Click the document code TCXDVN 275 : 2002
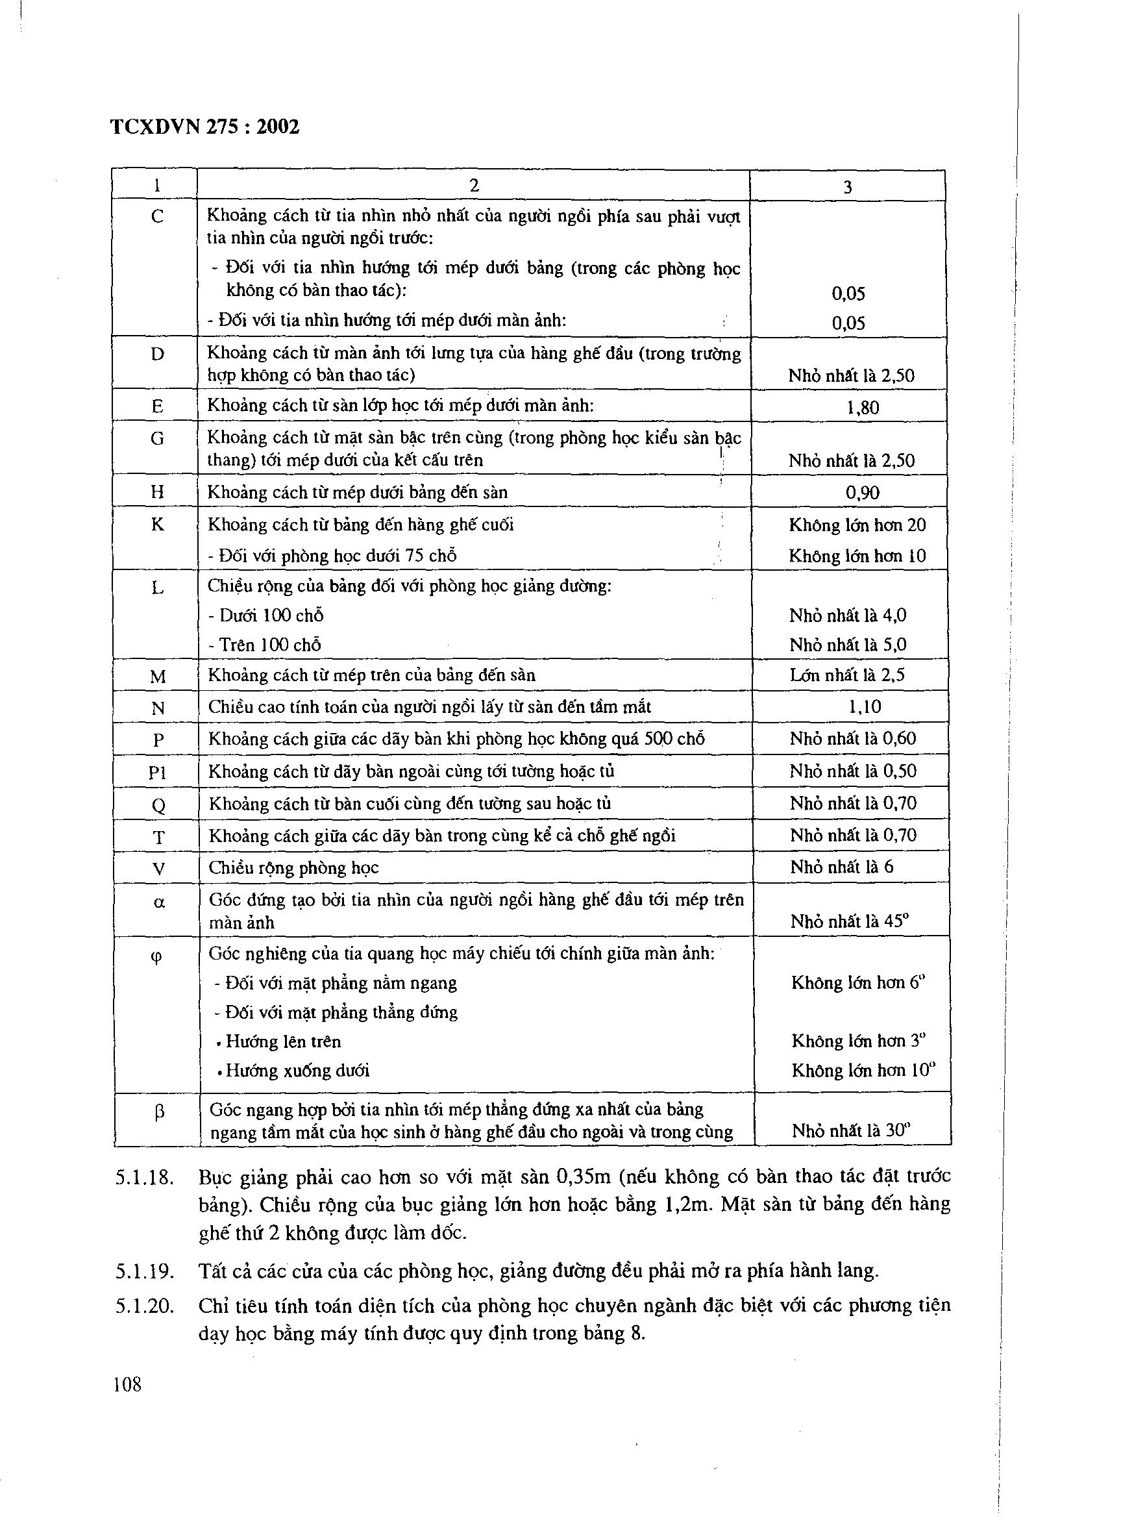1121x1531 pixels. pos(204,127)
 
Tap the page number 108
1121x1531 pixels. pos(128,1384)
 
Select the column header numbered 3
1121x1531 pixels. pos(847,187)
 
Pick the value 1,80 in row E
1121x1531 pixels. pos(863,407)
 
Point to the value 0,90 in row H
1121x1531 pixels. pos(863,493)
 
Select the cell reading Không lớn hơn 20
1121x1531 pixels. pos(857,525)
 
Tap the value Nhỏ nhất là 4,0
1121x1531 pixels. pos(848,616)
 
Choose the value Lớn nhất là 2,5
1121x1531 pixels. pos(847,675)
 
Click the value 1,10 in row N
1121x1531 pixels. pos(865,707)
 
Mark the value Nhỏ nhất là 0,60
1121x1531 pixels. pos(852,738)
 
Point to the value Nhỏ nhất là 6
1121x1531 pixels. pos(841,867)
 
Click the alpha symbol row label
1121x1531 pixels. pos(159,903)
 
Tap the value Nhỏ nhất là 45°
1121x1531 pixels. pos(850,921)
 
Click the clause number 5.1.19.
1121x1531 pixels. pos(145,1271)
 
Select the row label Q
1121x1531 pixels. pos(158,806)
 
